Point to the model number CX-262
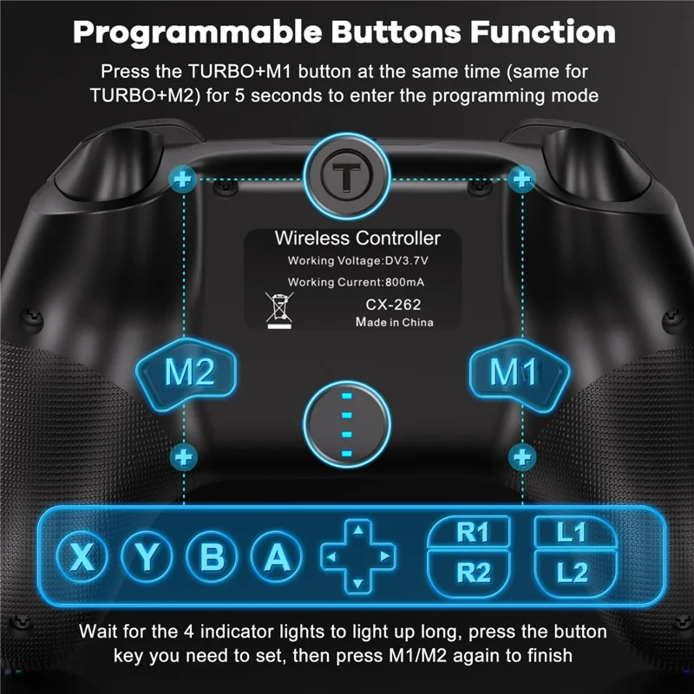point(393,304)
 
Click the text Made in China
point(395,322)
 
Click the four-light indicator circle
point(347,423)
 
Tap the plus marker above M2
point(183,180)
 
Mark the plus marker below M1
point(522,455)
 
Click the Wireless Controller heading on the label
point(357,238)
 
